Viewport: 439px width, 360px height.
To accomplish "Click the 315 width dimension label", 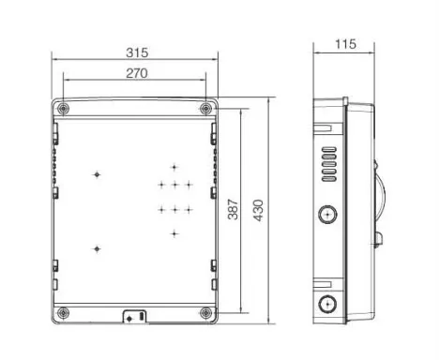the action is click(x=137, y=52).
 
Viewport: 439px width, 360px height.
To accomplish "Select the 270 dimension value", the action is click(x=137, y=73).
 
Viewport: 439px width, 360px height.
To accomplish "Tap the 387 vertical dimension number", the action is click(x=233, y=209).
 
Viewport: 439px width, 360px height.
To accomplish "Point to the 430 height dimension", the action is click(x=258, y=210).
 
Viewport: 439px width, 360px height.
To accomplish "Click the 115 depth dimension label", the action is click(x=345, y=44).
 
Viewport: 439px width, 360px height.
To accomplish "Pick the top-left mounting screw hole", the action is click(x=64, y=109).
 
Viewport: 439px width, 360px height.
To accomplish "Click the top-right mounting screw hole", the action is click(x=205, y=109).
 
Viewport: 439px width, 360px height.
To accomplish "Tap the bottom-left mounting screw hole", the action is click(x=64, y=313).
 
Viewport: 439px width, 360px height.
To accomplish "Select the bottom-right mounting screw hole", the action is click(x=205, y=313).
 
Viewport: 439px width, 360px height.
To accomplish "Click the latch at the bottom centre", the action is click(x=135, y=316).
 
